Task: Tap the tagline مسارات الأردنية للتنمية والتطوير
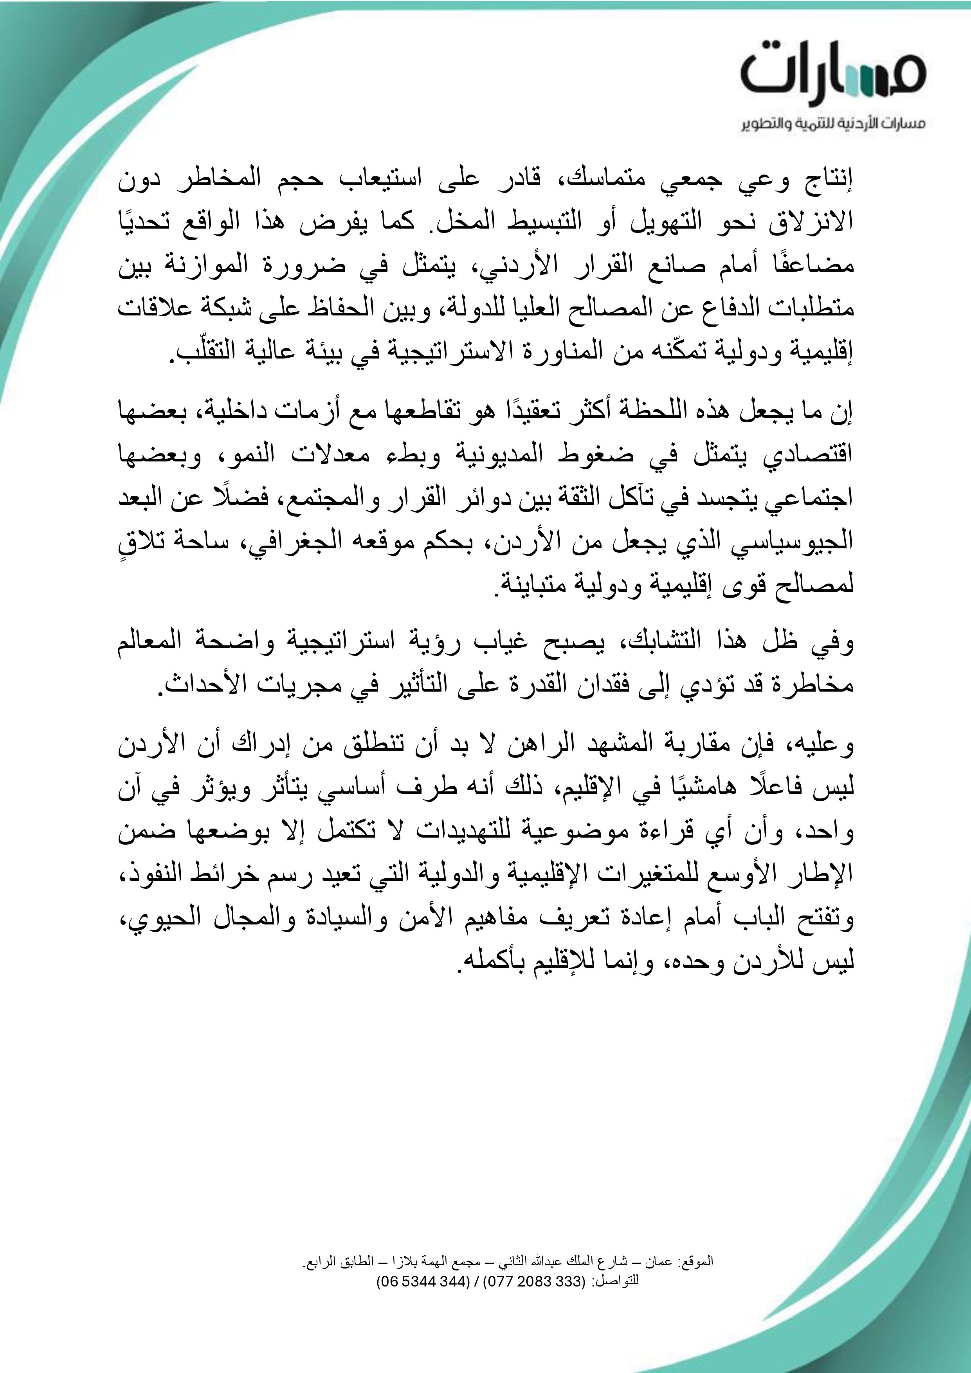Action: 834,124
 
